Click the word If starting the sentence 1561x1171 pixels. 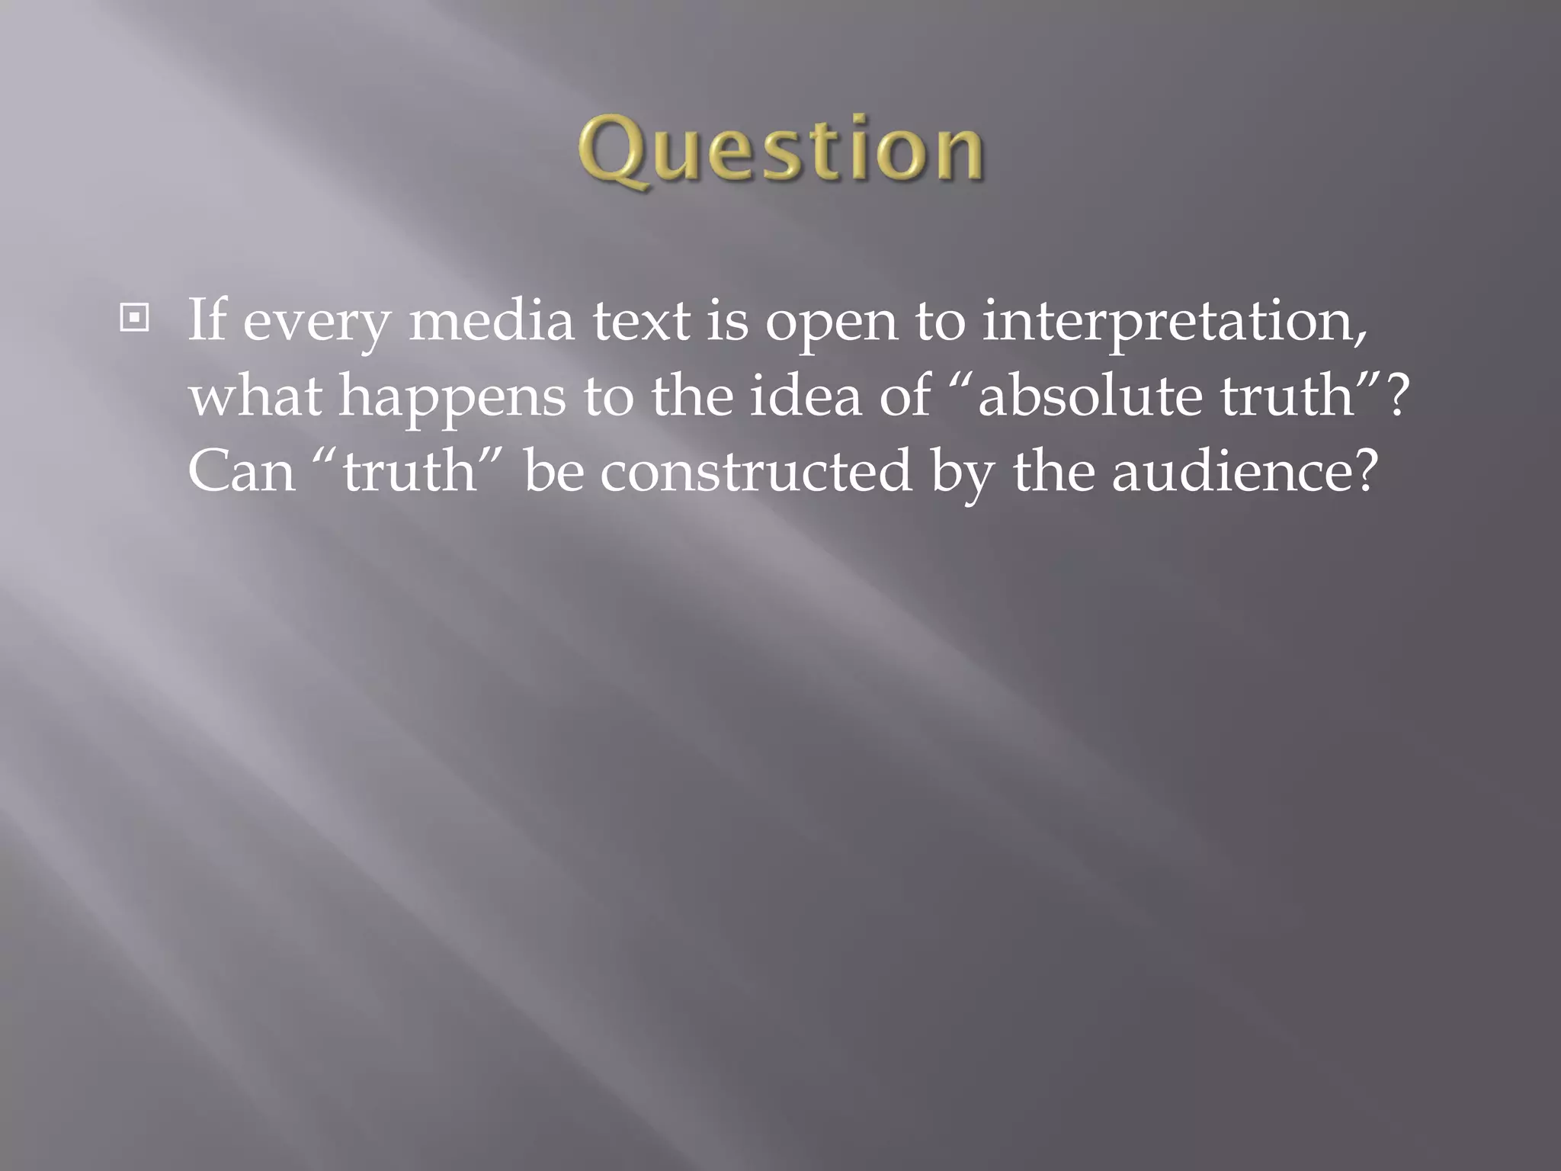[207, 319]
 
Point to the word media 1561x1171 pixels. [492, 319]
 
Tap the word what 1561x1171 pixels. [255, 396]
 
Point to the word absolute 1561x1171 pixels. [1090, 396]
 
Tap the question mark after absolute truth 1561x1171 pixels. [1396, 396]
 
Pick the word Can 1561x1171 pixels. [242, 470]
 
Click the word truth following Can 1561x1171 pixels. [409, 470]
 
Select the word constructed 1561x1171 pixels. [755, 470]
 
